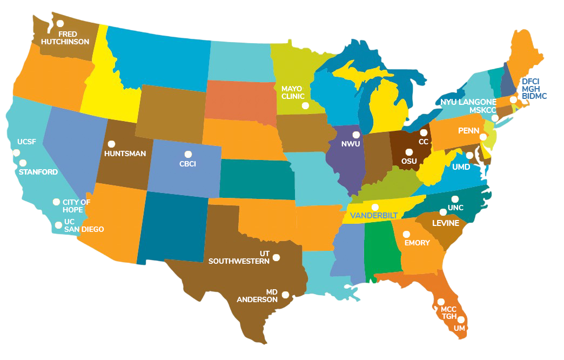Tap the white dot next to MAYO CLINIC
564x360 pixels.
(305, 106)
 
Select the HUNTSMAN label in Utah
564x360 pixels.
(125, 154)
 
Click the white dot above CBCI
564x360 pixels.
(188, 154)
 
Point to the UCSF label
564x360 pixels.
(26, 142)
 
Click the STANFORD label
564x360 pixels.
(38, 172)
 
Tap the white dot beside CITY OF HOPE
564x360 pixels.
(56, 202)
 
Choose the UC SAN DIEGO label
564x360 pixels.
(84, 225)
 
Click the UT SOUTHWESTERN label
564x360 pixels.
(239, 257)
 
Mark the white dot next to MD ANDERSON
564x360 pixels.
(285, 295)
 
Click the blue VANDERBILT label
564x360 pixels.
(374, 216)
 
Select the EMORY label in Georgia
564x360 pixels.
(417, 243)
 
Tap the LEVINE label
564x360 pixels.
(445, 223)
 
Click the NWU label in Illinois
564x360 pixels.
(351, 144)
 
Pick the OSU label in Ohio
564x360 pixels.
(409, 161)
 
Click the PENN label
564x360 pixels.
(468, 131)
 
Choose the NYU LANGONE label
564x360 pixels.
(468, 102)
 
